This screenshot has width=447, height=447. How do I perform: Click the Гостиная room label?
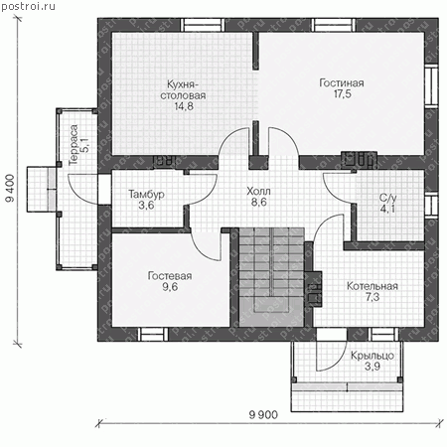342,82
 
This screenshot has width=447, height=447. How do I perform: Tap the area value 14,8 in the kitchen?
184,106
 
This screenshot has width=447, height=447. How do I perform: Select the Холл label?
258,191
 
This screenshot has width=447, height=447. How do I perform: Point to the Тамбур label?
146,194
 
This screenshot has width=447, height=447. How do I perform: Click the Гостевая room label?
170,276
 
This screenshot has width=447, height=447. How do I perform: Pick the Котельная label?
372,286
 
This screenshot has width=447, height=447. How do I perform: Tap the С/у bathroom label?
387,198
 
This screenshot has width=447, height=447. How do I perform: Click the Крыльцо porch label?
372,356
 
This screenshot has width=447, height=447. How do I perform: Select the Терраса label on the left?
74,145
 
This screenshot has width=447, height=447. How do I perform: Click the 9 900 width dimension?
263,414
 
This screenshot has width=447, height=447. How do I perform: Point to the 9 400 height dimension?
10,188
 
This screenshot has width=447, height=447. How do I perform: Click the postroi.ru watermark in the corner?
28,6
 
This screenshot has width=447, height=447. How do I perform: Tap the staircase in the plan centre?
271,277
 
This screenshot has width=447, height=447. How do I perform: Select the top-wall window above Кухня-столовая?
203,25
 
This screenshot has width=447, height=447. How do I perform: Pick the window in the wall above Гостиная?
334,25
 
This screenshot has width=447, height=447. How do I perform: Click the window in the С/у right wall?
432,206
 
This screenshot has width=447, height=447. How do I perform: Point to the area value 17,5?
342,94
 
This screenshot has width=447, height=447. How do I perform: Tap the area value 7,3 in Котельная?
372,297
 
